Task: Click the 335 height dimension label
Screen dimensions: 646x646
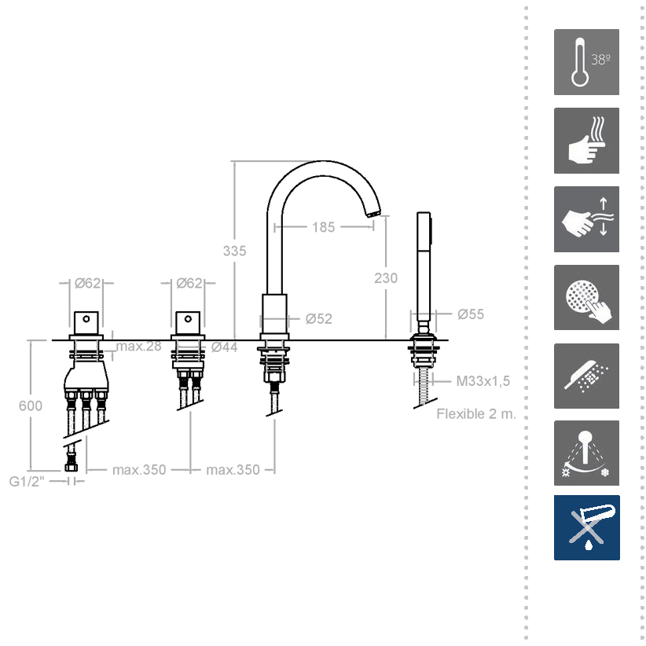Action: click(x=234, y=251)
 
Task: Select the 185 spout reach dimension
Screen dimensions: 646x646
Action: click(x=323, y=227)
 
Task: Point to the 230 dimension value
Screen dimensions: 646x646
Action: click(x=386, y=278)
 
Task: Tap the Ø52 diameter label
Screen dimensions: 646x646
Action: click(x=318, y=318)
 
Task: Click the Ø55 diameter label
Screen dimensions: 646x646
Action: click(x=471, y=314)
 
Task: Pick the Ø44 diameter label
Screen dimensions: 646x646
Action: click(x=224, y=347)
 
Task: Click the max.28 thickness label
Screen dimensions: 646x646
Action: click(x=139, y=346)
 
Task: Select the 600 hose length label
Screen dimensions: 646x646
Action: click(x=31, y=406)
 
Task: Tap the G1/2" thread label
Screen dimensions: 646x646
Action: click(x=27, y=481)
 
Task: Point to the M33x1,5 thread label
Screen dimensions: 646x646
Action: click(x=483, y=380)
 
